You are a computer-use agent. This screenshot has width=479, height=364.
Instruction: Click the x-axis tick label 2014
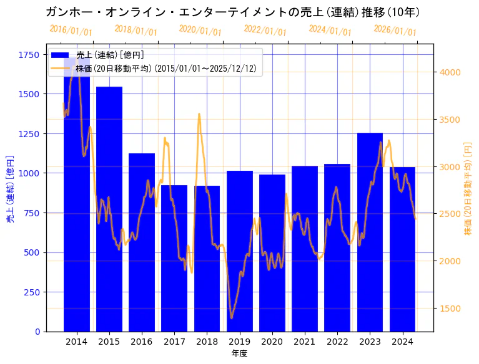coord(77,342)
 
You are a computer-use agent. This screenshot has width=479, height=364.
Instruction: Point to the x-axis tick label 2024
coord(402,342)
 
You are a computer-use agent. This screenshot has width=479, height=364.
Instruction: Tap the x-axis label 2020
coord(272,342)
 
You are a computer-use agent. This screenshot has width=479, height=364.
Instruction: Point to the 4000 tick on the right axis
coord(450,72)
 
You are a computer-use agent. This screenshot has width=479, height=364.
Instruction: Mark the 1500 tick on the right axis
coord(450,309)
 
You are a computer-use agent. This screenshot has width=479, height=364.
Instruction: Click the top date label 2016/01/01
coord(71,31)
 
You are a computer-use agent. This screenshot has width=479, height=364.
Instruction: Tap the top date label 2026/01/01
coord(395,31)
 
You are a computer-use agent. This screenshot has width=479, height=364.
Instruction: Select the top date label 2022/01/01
coord(265,31)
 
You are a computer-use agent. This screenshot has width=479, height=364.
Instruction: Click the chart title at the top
coord(232,12)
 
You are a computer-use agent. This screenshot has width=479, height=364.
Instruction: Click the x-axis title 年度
coord(239,353)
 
